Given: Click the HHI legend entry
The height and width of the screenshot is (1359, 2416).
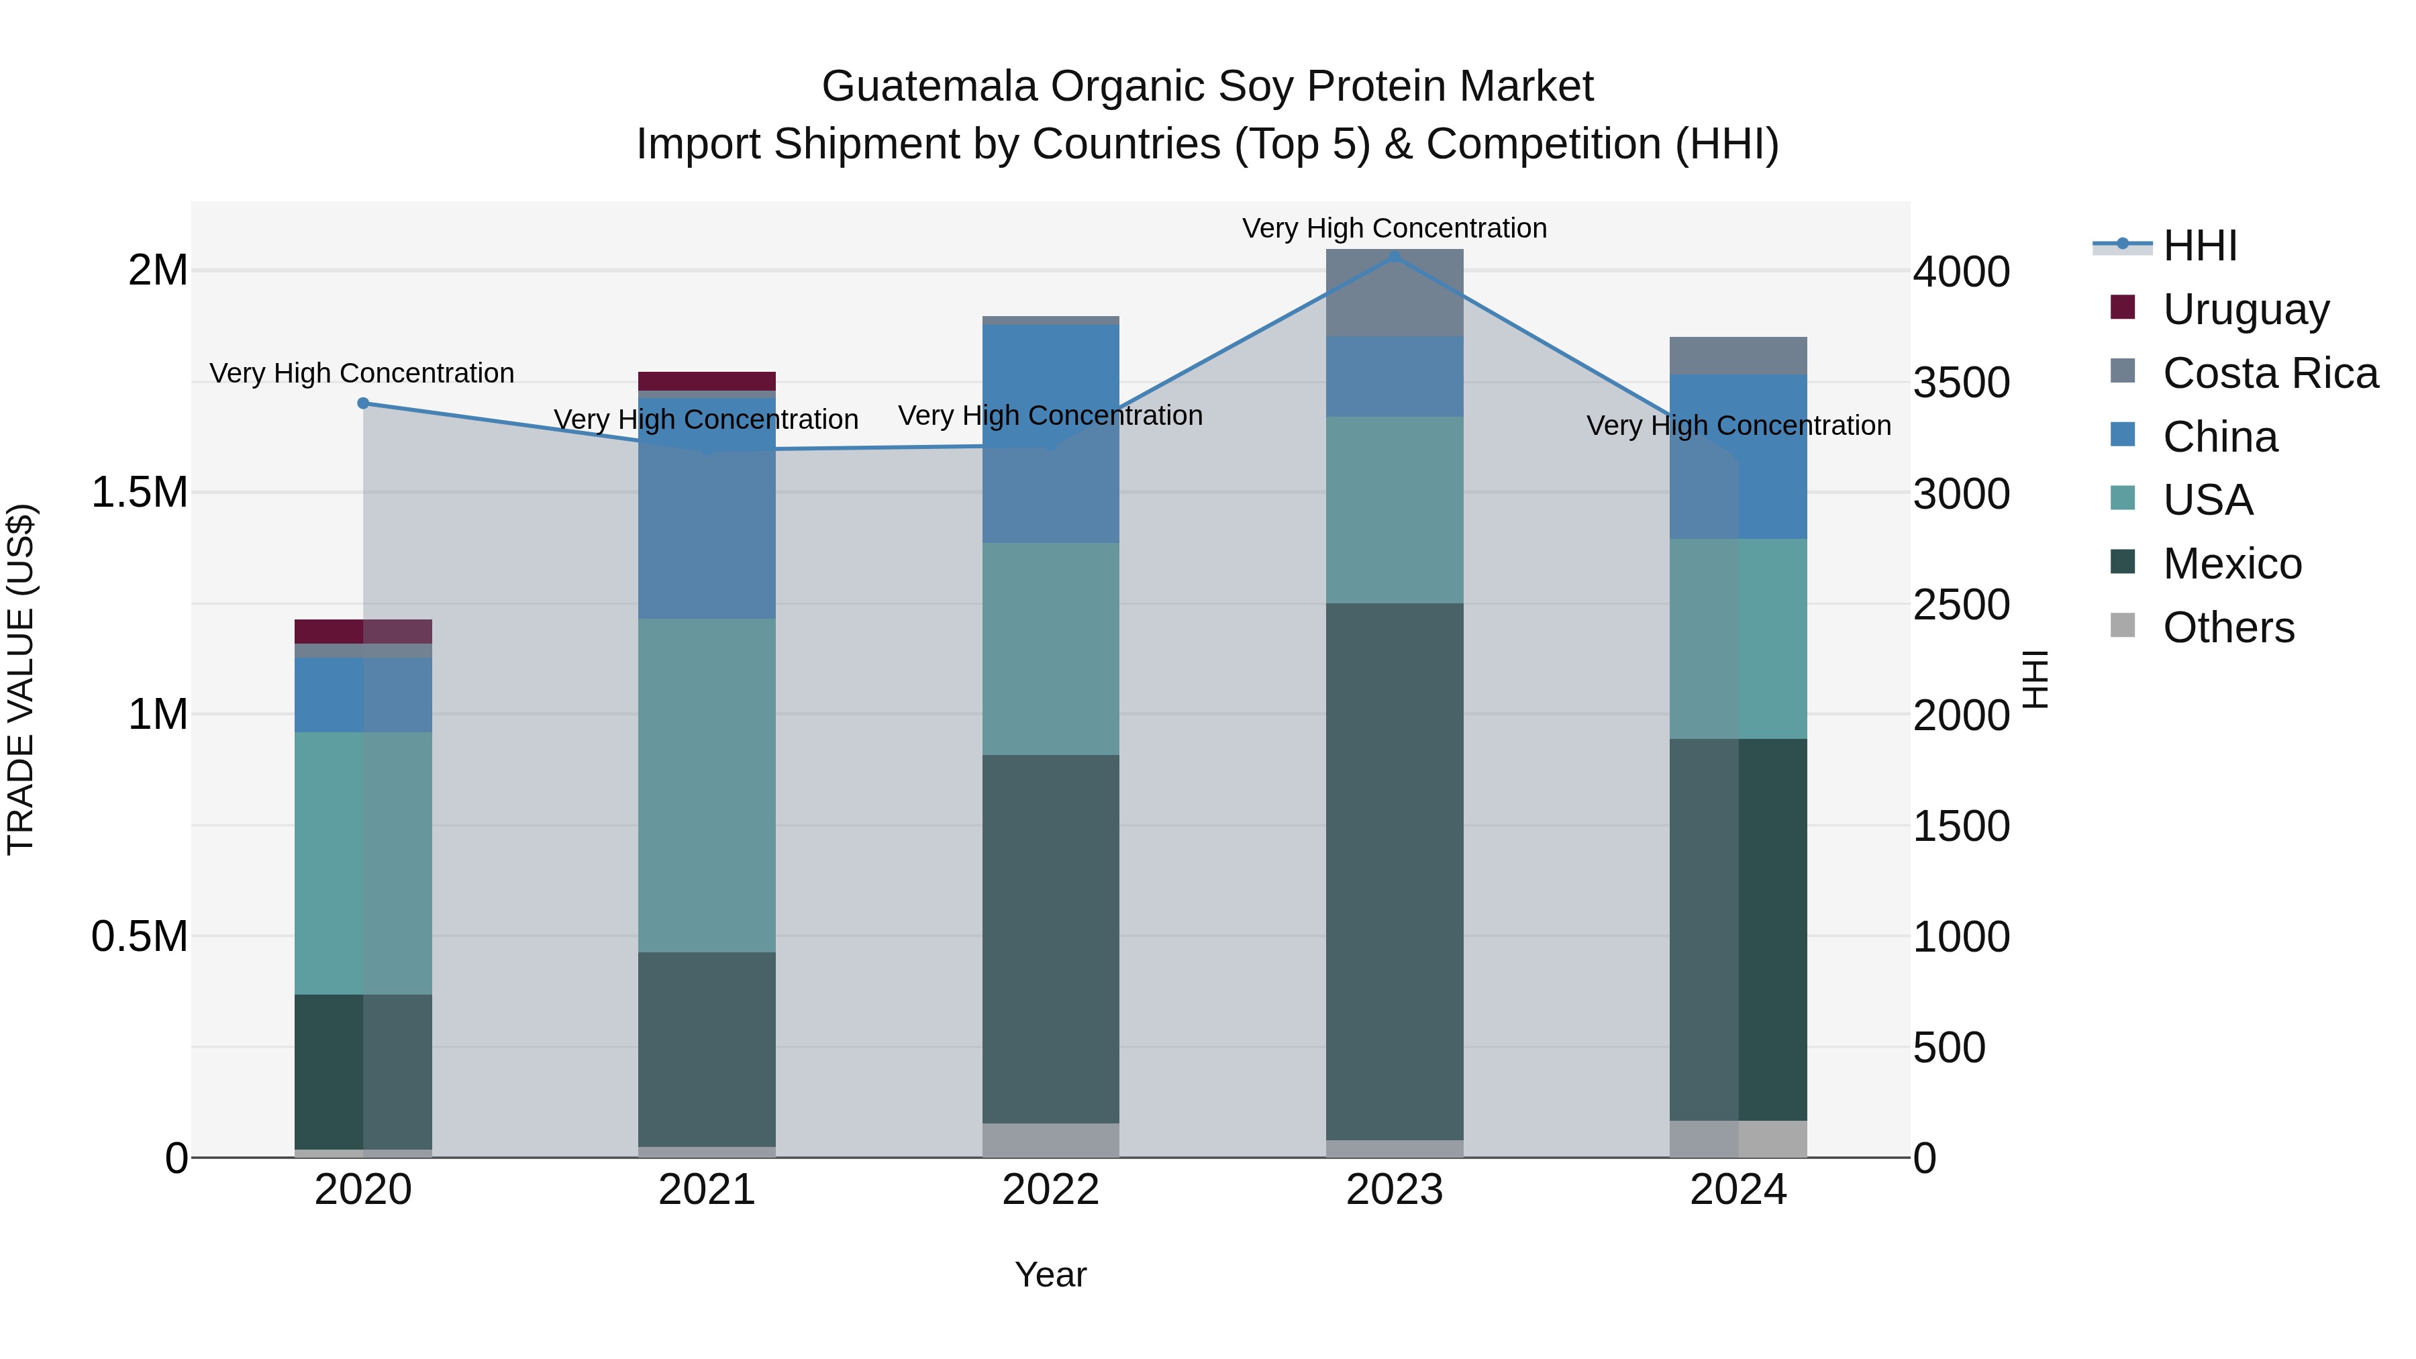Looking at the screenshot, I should point(2199,246).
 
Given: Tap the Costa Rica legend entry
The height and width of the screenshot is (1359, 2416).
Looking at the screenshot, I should point(2270,373).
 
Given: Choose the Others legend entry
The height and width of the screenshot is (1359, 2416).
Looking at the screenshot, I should point(2228,627).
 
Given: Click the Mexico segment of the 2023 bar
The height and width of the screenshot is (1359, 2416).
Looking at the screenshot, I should point(1394,872).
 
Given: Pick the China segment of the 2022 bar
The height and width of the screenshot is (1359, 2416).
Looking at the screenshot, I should point(1050,434).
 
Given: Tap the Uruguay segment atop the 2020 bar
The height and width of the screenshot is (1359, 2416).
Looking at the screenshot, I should point(363,632).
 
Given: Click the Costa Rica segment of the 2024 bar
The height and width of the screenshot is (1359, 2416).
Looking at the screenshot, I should point(1738,356).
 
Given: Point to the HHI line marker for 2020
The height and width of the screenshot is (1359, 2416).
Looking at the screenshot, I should point(363,403).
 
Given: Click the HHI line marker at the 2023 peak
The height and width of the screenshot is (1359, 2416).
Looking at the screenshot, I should point(1394,256).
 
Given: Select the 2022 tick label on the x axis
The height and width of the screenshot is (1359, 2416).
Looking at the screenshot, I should point(1050,1190).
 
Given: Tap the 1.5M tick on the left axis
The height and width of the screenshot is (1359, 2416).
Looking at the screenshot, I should point(140,493).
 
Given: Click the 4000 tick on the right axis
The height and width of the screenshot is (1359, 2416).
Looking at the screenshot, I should point(1961,272).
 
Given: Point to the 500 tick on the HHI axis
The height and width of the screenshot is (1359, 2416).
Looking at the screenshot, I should point(1949,1048).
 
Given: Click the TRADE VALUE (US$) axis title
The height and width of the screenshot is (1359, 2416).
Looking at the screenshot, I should point(21,679).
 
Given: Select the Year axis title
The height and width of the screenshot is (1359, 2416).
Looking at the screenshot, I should point(1050,1274).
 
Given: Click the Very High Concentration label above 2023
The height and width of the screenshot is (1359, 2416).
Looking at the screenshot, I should point(1394,228).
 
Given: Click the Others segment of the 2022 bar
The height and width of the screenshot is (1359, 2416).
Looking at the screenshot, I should point(1050,1140).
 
